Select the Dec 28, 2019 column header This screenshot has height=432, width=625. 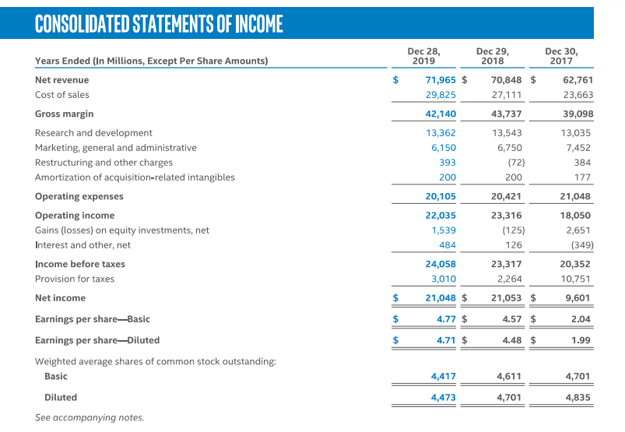[423, 55]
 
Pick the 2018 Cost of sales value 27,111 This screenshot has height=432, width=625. [507, 95]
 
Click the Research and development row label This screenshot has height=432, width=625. [93, 133]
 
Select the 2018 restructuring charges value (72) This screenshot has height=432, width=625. [516, 163]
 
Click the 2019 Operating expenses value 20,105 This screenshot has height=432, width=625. [441, 197]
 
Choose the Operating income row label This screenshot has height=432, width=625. [75, 216]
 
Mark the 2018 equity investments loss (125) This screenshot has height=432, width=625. [513, 230]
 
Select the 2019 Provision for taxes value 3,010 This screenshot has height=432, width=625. [443, 279]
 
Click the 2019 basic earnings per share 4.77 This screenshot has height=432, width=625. [446, 319]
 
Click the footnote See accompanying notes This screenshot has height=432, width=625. [89, 418]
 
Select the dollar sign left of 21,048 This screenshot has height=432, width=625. [395, 298]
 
